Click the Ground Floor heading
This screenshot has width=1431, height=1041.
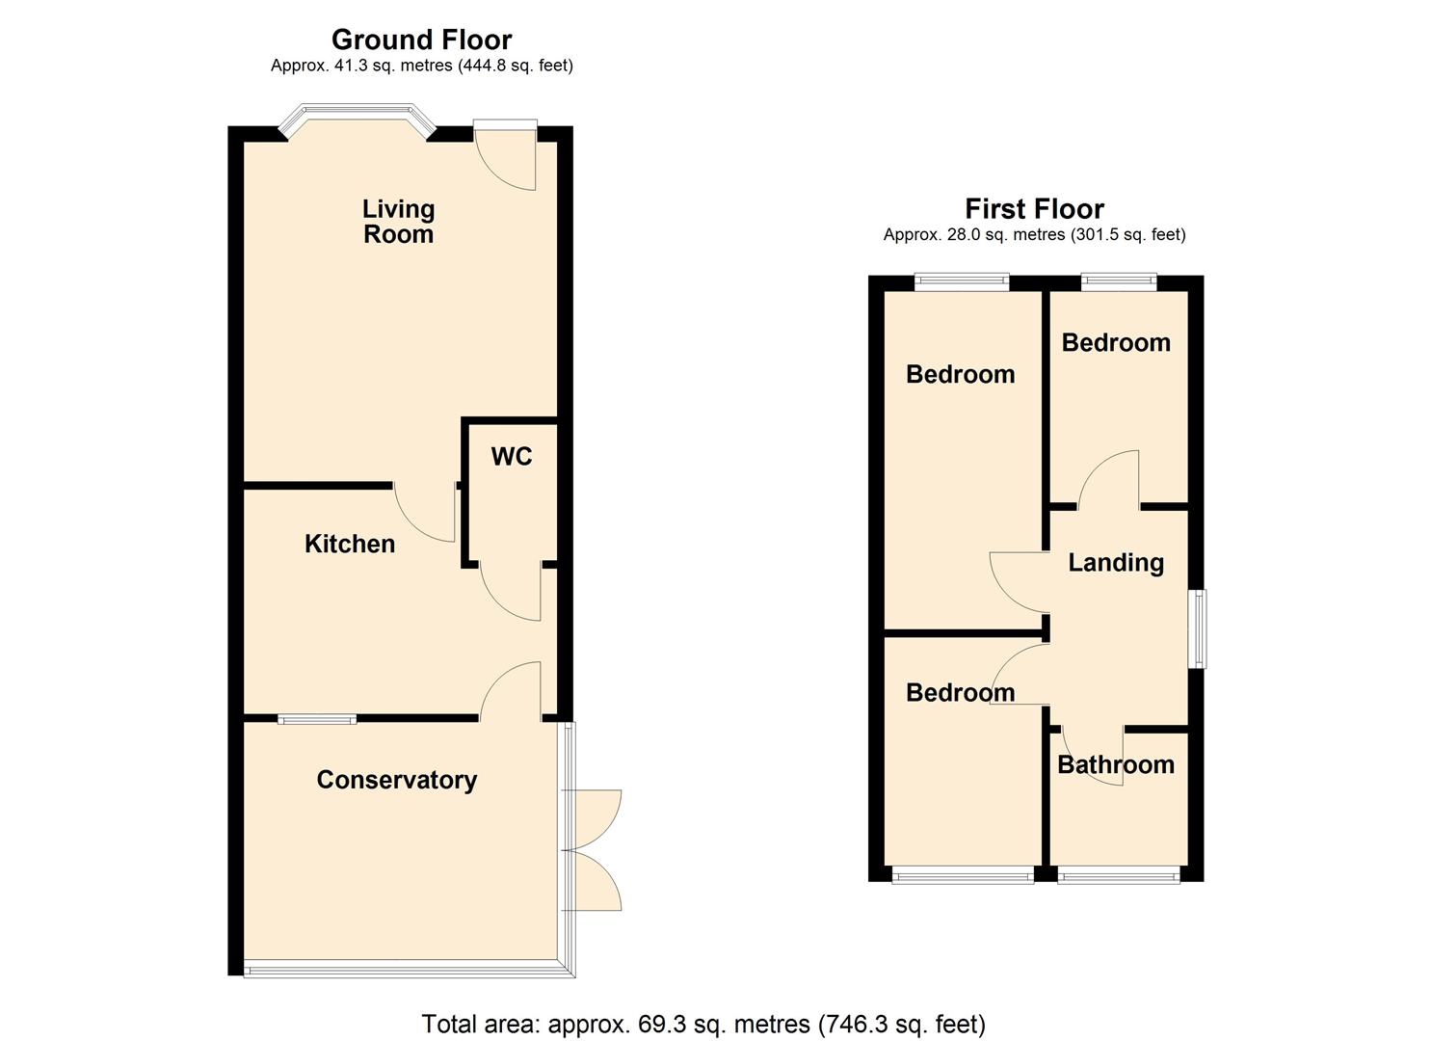[421, 40]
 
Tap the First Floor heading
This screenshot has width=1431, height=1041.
[1034, 208]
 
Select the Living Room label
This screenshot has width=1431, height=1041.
[398, 222]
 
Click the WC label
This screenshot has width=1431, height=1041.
[511, 457]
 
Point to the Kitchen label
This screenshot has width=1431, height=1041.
[350, 544]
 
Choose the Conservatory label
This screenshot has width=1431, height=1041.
[397, 780]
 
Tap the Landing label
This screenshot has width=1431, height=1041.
[1116, 563]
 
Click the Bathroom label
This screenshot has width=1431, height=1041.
[1116, 764]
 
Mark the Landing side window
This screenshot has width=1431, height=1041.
[1197, 628]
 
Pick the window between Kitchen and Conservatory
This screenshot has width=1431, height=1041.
[317, 718]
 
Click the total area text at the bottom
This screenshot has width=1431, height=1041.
[703, 1024]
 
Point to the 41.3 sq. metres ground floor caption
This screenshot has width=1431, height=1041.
[421, 66]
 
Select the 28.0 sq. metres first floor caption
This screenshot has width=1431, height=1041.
[1034, 234]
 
